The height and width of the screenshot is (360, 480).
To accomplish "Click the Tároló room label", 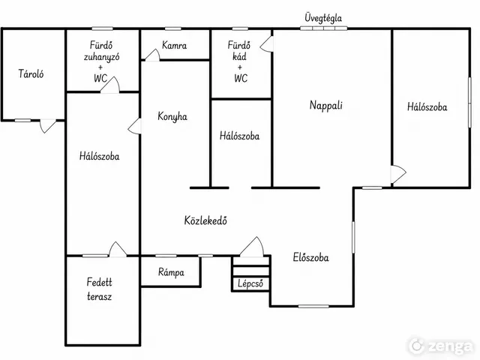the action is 31,74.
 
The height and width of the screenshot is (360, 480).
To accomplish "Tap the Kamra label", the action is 174,45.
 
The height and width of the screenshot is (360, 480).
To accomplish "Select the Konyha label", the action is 172,117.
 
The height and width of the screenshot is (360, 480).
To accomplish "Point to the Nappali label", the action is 326,105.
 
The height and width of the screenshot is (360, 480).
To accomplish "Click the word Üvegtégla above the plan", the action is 323,18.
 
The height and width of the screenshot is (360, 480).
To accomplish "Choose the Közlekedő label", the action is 205,220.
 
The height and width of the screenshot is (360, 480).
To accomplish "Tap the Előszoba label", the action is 310,257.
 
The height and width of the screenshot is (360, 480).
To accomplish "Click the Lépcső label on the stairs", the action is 250,283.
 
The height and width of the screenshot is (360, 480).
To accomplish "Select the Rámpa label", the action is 171,272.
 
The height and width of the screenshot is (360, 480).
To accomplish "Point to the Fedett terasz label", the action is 99,289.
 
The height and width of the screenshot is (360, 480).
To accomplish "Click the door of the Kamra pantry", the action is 152,55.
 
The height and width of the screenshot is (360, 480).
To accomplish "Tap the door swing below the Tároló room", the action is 48,126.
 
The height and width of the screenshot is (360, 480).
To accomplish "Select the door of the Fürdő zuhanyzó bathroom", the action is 110,85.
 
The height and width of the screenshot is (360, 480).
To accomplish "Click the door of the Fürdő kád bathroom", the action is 266,44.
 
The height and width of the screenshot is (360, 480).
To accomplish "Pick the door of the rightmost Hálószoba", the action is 398,174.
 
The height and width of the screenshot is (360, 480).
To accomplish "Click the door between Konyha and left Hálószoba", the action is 135,126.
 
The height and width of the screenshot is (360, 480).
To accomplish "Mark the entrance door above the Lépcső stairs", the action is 252,247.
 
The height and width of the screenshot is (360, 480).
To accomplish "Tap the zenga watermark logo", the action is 441,346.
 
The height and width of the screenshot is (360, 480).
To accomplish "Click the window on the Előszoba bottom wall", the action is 313,306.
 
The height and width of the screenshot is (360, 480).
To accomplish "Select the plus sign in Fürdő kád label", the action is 239,67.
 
